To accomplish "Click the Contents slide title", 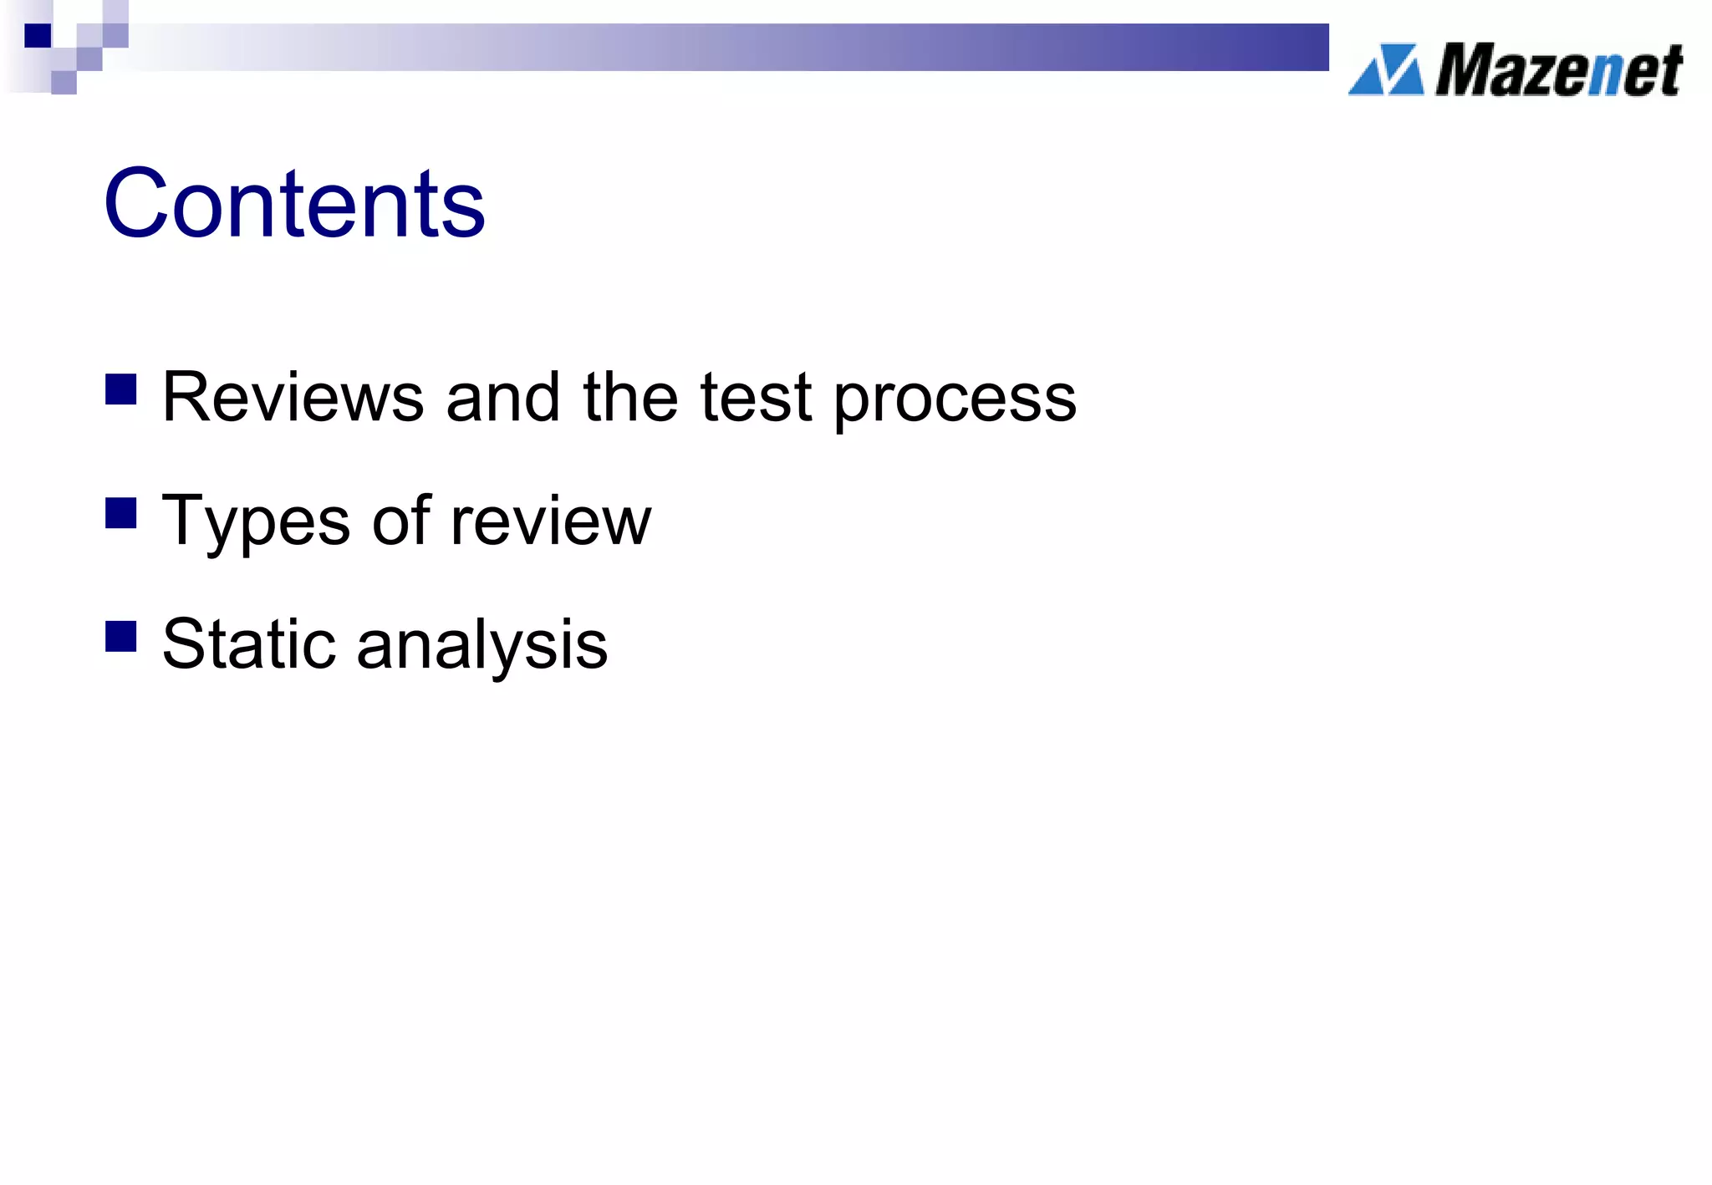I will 293,203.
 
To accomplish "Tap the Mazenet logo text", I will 1558,70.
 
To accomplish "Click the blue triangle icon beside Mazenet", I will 1386,69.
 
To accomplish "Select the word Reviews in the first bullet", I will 293,397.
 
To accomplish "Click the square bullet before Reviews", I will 121,389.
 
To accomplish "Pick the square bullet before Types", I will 121,513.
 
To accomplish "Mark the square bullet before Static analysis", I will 121,636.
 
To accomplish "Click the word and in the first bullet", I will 502,397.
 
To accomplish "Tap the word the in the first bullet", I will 630,397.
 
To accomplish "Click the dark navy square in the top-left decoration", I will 38,36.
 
